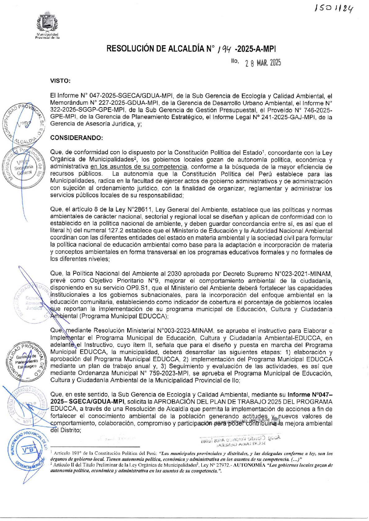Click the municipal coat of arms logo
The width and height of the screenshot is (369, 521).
[47, 25]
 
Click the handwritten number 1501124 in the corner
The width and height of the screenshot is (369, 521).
[334, 9]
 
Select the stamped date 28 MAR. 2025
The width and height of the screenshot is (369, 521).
[263, 63]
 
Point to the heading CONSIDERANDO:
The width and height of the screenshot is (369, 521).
[76, 138]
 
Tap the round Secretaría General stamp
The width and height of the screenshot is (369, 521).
[23, 167]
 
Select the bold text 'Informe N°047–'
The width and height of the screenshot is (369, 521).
[310, 395]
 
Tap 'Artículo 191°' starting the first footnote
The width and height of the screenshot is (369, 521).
[67, 453]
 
